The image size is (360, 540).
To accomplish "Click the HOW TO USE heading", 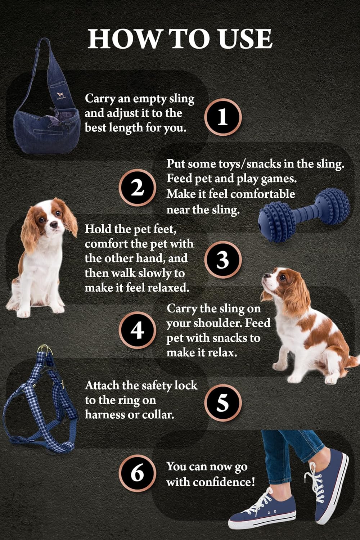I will point(180,39).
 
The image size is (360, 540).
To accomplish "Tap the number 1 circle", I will point(223,117).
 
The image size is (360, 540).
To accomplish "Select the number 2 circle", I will point(137,188).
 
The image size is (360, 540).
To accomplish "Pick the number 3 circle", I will point(223,260).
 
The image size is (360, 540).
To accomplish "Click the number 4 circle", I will point(137,330).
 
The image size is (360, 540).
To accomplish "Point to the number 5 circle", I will point(223,402).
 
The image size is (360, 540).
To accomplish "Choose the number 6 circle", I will point(137,473).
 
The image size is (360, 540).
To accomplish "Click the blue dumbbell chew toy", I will point(304,216).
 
